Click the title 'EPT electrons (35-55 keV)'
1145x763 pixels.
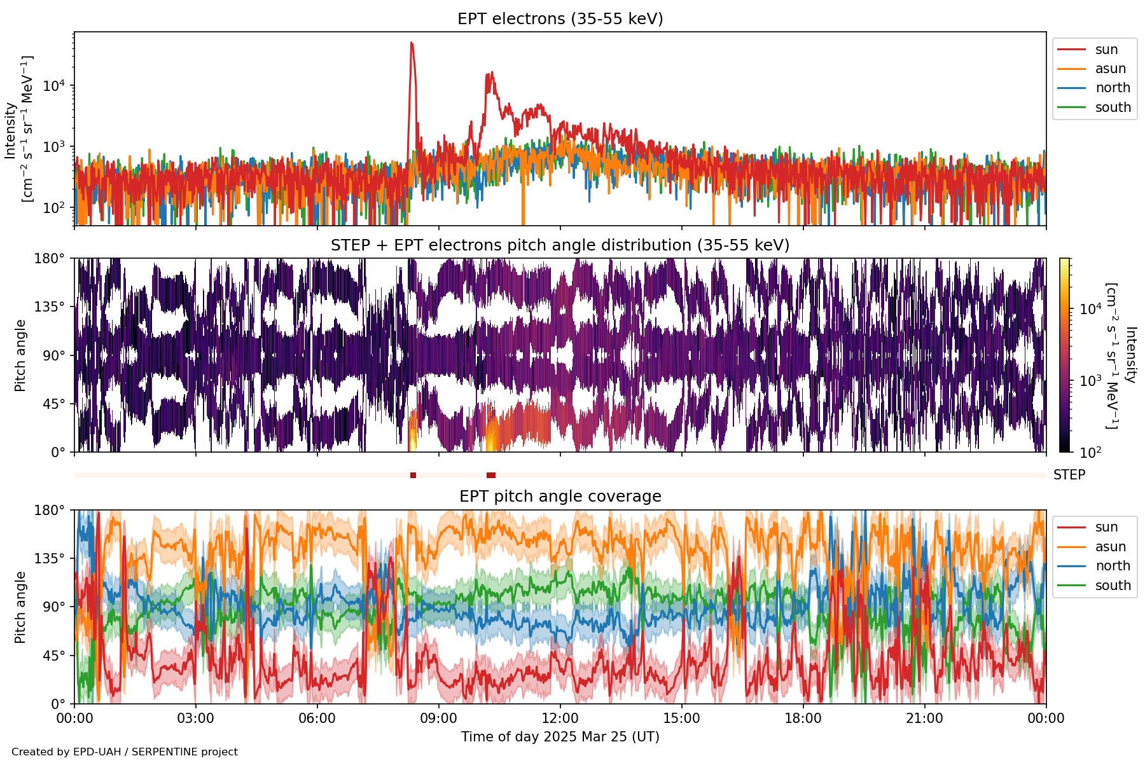pos(560,19)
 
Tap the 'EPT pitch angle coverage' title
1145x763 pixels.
pos(560,497)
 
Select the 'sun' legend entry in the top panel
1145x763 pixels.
pos(1106,50)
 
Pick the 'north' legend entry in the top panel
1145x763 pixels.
pos(1113,88)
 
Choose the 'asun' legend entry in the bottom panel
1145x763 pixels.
pos(1110,547)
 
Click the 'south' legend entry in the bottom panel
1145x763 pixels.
pos(1113,586)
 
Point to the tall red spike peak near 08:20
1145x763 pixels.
pos(412,43)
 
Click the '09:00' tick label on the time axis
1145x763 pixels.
pos(439,718)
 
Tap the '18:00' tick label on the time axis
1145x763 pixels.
pos(803,718)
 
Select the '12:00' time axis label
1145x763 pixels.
pos(560,718)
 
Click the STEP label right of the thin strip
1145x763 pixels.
pos(1069,475)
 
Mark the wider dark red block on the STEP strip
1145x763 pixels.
pos(491,476)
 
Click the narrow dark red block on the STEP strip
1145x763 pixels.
pos(413,476)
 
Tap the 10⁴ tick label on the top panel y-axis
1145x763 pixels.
pos(55,86)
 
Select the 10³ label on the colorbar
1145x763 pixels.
pos(1090,381)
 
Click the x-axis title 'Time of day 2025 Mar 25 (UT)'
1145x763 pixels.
pos(560,737)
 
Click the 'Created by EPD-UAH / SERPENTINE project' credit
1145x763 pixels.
pos(125,752)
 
